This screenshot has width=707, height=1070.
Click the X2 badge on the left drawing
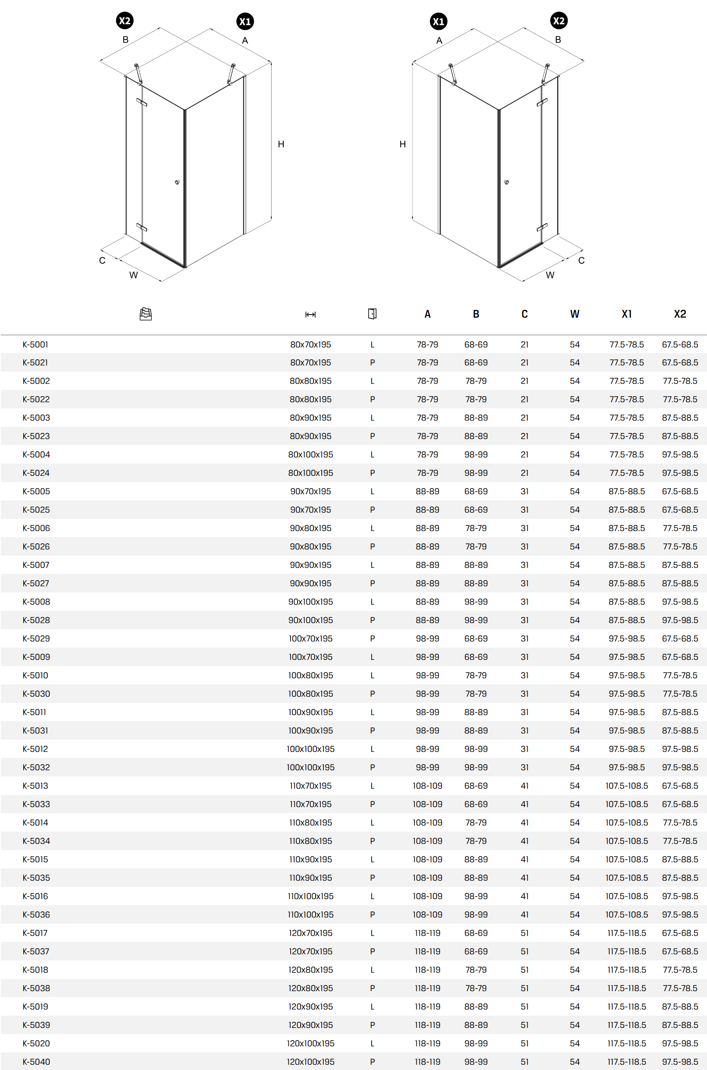pyautogui.click(x=124, y=21)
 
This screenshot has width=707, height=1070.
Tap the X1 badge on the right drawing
pyautogui.click(x=438, y=21)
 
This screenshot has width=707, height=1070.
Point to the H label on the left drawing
pyautogui.click(x=281, y=144)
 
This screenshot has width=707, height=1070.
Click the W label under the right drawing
pyautogui.click(x=550, y=275)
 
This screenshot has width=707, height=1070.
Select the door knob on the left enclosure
pyautogui.click(x=177, y=182)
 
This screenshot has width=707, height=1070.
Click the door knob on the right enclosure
pyautogui.click(x=506, y=182)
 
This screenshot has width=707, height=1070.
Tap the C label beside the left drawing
pyautogui.click(x=103, y=261)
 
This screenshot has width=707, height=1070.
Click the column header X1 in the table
pyautogui.click(x=626, y=314)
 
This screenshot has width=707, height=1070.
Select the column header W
pyautogui.click(x=575, y=314)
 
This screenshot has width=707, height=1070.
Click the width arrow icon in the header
pyautogui.click(x=310, y=315)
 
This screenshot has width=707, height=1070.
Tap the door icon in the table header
pyautogui.click(x=372, y=314)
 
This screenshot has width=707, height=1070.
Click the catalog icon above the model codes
pyautogui.click(x=146, y=314)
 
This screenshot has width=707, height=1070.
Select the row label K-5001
pyautogui.click(x=35, y=345)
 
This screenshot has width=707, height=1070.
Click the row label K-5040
pyautogui.click(x=36, y=1061)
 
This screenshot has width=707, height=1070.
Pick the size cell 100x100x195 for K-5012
pyautogui.click(x=310, y=749)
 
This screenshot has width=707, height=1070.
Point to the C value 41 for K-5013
pyautogui.click(x=524, y=786)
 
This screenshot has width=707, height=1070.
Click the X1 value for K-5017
pyautogui.click(x=626, y=933)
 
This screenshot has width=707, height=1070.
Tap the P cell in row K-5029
pyautogui.click(x=372, y=639)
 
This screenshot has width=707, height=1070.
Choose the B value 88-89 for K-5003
pyautogui.click(x=476, y=418)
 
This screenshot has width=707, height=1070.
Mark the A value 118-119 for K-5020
pyautogui.click(x=427, y=1043)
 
